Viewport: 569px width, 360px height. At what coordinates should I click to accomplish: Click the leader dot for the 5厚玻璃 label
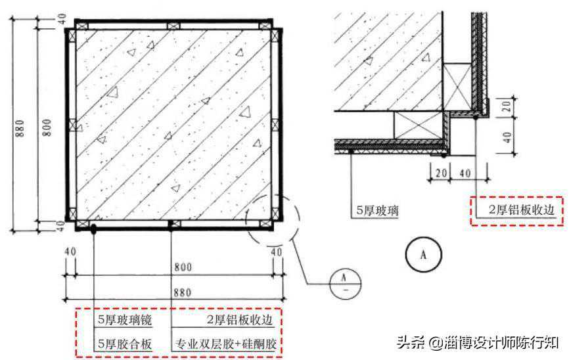pyautogui.click(x=351, y=150)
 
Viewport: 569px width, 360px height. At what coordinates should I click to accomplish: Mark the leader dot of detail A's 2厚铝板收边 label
pyautogui.click(x=476, y=117)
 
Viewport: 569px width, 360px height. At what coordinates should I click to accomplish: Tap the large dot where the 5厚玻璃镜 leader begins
pyautogui.click(x=93, y=229)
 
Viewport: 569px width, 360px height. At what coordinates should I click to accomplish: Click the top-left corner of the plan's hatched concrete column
pyautogui.click(x=76, y=30)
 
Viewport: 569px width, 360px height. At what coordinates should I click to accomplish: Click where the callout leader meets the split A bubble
pyautogui.click(x=330, y=284)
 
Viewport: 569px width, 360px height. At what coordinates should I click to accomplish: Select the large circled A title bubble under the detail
pyautogui.click(x=423, y=255)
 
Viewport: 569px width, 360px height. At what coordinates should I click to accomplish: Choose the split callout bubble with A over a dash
pyautogui.click(x=346, y=284)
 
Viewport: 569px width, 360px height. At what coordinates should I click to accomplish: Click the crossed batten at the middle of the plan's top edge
pyautogui.click(x=173, y=26)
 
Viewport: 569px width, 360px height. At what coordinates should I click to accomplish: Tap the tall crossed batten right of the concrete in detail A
pyautogui.click(x=458, y=87)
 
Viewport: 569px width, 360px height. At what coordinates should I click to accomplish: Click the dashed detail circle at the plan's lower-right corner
pyautogui.click(x=273, y=219)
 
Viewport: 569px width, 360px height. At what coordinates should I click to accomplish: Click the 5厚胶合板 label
pyautogui.click(x=124, y=344)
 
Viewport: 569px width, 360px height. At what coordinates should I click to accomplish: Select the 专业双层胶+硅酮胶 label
pyautogui.click(x=226, y=344)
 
